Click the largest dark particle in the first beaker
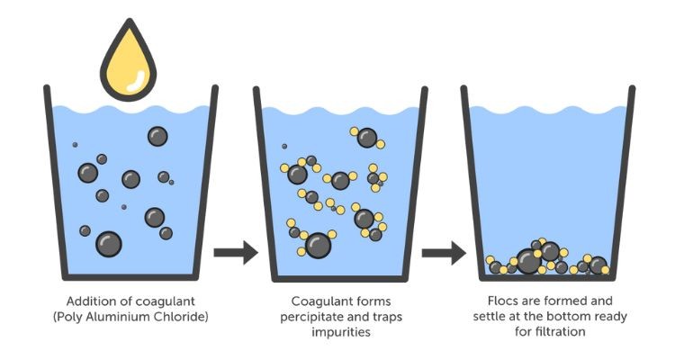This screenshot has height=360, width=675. click(109, 243)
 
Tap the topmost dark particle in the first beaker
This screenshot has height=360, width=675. click(157, 136)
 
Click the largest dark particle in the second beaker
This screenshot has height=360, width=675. click(318, 244)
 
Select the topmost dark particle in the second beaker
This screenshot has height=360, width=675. click(366, 137)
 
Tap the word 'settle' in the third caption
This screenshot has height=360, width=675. click(490, 316)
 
